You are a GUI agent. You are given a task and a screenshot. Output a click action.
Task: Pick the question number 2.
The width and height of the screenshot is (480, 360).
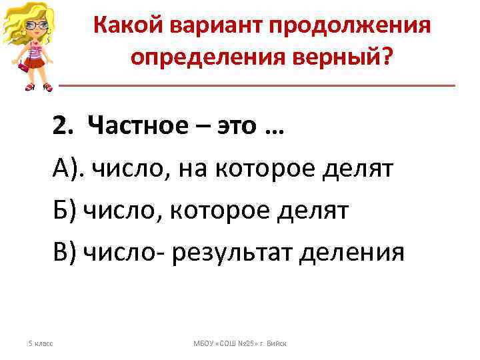click(x=61, y=125)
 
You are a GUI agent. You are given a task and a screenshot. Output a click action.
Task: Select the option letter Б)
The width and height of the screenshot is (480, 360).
click(x=65, y=211)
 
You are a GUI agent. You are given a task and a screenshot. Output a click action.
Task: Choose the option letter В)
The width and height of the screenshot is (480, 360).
click(x=65, y=253)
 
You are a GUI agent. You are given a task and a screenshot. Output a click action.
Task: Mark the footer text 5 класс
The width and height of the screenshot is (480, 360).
click(x=39, y=343)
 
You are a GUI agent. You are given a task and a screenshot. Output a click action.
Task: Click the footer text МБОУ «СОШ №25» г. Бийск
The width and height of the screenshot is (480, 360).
click(x=239, y=343)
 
